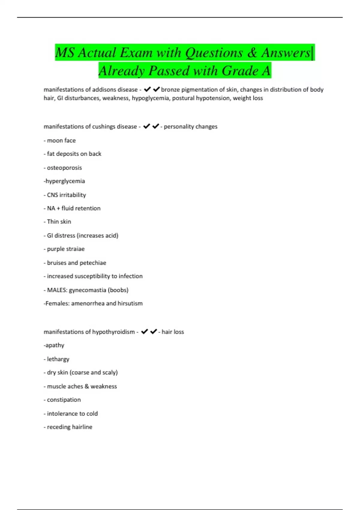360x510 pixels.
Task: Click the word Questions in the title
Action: point(214,53)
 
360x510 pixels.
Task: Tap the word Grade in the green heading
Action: point(240,71)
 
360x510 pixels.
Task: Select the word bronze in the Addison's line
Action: point(170,90)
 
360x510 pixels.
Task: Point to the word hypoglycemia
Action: point(150,98)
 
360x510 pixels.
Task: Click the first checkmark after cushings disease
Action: point(146,127)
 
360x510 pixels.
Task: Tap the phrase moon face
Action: point(61,140)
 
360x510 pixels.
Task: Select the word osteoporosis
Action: point(64,168)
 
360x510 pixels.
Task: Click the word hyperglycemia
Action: point(65,181)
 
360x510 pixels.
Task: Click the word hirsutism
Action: point(130,304)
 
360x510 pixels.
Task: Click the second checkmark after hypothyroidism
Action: point(153,332)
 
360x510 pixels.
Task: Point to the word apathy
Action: point(55,345)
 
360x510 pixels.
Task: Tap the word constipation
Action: point(64,400)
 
